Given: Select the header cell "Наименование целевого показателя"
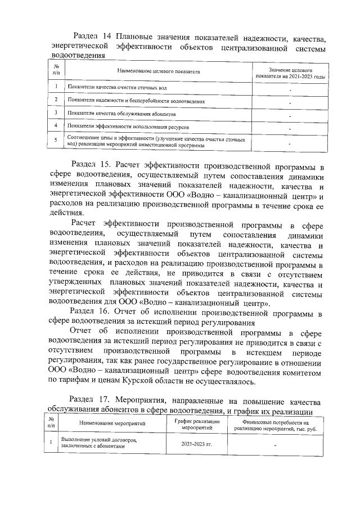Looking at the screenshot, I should pyautogui.click(x=159, y=72).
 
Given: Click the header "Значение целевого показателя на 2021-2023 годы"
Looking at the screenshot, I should pyautogui.click(x=290, y=72).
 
